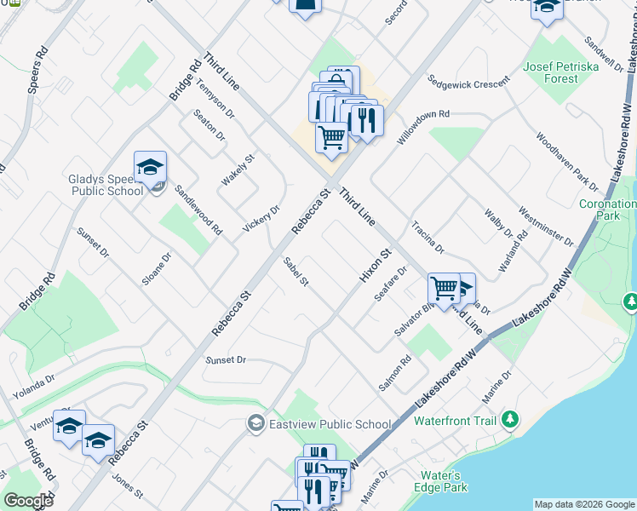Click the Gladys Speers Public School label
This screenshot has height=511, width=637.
tap(106, 185)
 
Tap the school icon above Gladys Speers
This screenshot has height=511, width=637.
tap(150, 168)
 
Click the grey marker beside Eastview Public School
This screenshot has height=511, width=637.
tap(255, 423)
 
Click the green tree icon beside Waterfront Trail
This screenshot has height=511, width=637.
tap(510, 419)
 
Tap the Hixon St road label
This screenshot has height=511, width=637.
tap(375, 265)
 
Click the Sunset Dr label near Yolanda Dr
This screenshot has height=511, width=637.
tap(226, 360)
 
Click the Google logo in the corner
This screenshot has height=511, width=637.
tap(27, 501)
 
